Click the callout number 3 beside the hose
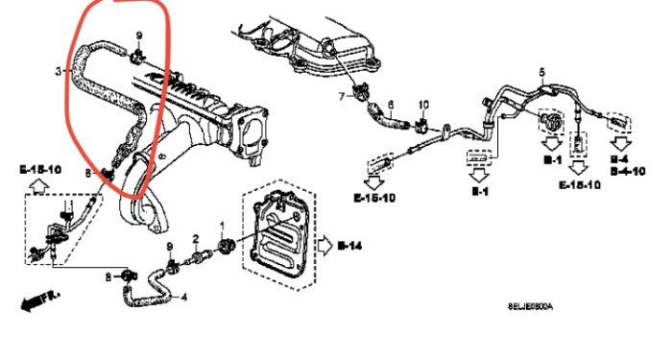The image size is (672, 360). (59, 71)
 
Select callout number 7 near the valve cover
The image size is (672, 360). (340, 97)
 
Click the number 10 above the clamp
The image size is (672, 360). (423, 104)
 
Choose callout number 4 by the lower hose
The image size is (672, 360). (184, 297)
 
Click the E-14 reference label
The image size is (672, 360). (350, 246)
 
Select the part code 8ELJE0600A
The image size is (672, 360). (530, 306)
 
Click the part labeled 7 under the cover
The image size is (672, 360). (362, 93)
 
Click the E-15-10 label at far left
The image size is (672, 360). (38, 169)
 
